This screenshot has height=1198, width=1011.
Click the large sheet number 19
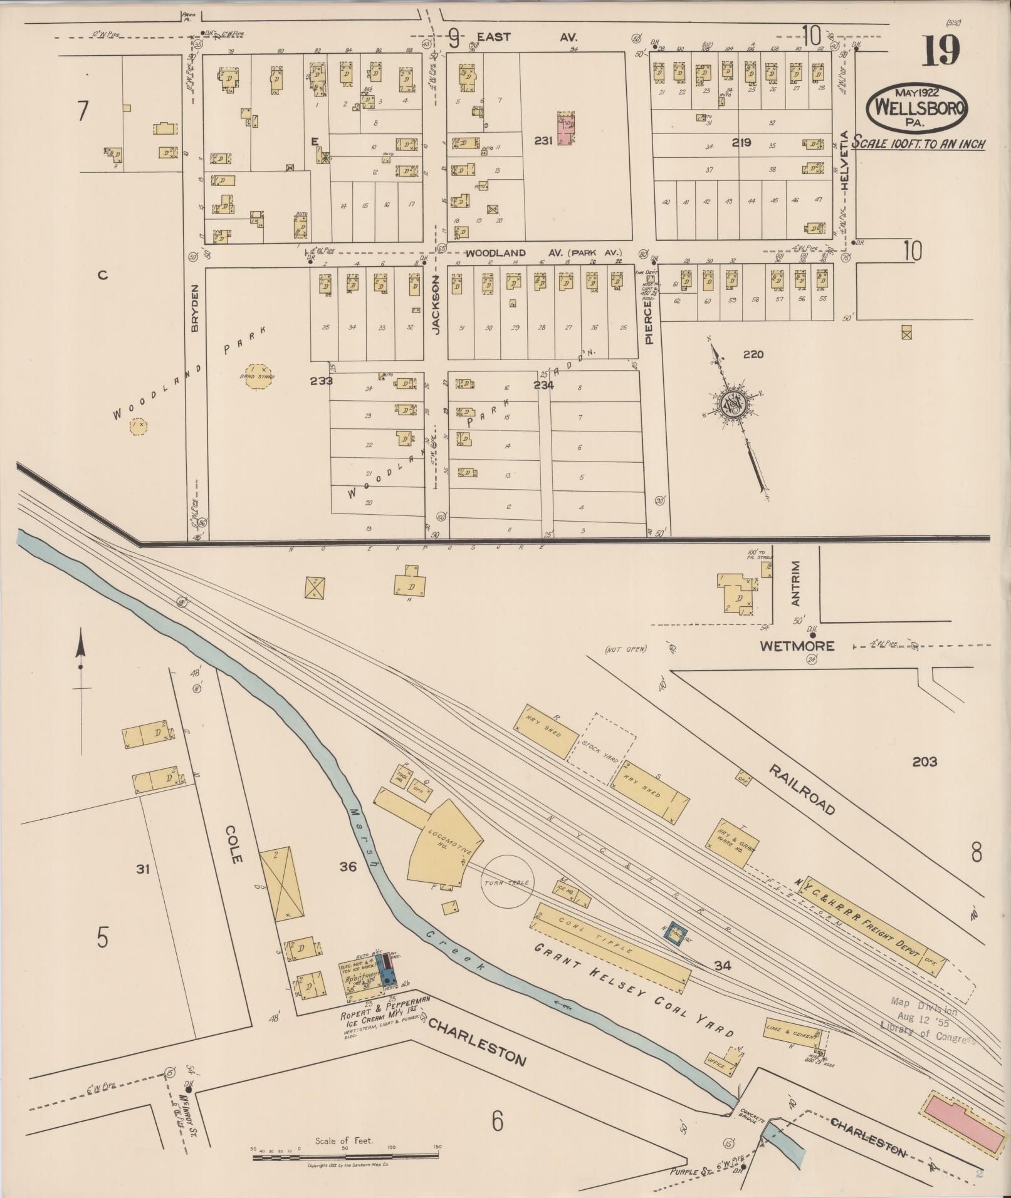point(940,51)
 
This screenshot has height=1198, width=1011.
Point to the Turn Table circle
point(507,882)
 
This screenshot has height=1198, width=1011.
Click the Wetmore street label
point(797,646)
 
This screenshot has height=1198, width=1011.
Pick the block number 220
point(753,354)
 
